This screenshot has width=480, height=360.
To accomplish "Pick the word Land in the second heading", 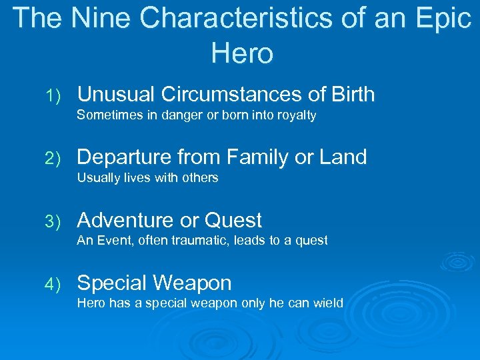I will (343, 157).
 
